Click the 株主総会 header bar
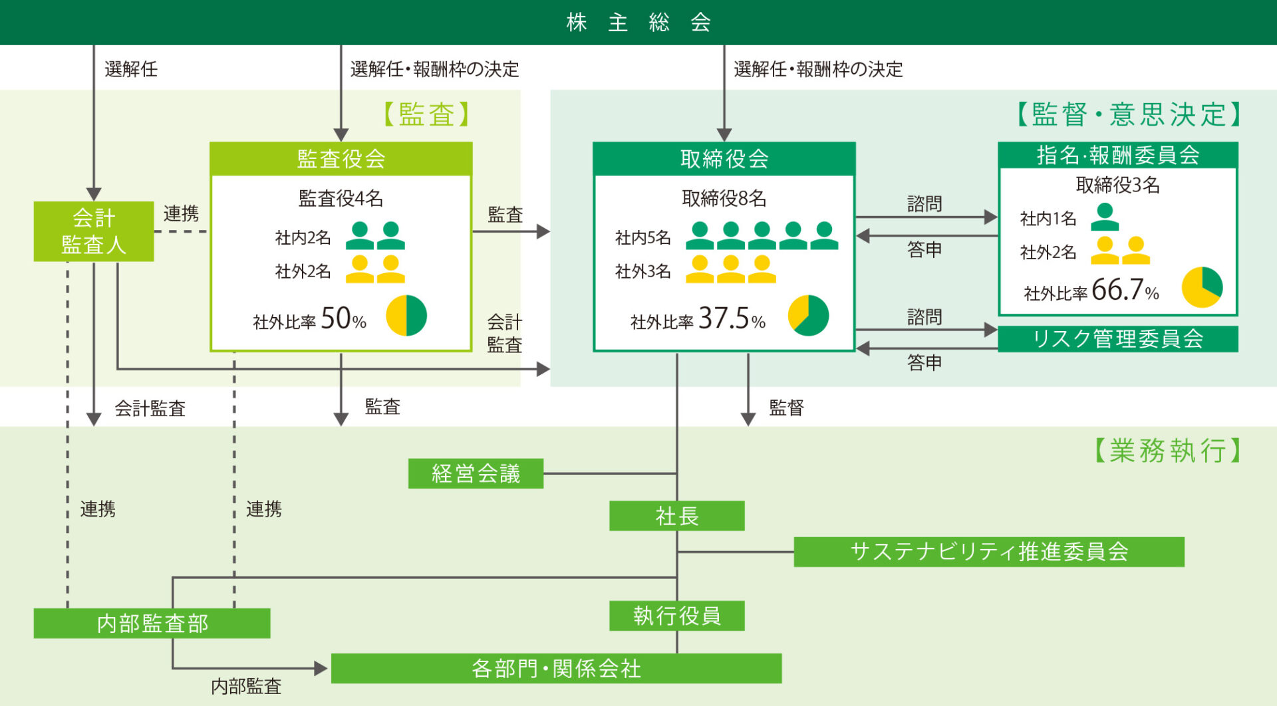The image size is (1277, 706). pos(638,22)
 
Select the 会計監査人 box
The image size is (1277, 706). pos(94,231)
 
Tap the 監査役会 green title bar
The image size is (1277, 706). pos(341,159)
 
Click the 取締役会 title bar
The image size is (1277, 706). pos(724,159)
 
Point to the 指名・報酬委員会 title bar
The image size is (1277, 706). pos(1118,155)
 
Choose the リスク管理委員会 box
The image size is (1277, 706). pos(1118,339)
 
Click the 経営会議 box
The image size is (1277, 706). pos(476,473)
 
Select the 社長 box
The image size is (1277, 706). pos(677,516)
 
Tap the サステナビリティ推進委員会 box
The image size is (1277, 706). pos(989,552)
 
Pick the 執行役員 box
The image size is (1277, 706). pos(677,616)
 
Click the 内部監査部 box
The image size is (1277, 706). pos(152,624)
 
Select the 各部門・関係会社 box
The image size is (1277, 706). pos(556,669)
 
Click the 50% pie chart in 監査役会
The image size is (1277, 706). pos(406,316)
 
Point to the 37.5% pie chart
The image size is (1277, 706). pos(808,316)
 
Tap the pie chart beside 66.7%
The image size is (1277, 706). pos(1202,287)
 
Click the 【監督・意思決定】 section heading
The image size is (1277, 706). pos(1129,114)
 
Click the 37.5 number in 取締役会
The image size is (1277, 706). pos(724,318)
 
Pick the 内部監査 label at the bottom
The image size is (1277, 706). pos(246,687)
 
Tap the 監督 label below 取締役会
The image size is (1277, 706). pos(787,408)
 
